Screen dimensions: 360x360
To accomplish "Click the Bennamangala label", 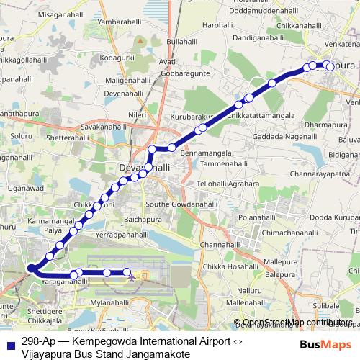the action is click(x=205, y=153).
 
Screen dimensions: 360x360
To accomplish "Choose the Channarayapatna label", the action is click(x=320, y=174).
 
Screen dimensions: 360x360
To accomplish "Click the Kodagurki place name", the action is click(x=118, y=55).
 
